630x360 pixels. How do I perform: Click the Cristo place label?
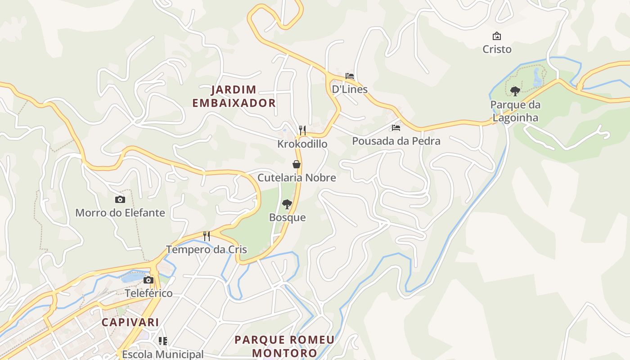click(x=497, y=49)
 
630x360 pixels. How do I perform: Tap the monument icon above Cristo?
click(x=497, y=36)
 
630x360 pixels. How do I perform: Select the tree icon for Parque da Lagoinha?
click(x=515, y=91)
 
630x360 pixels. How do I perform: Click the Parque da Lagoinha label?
click(x=515, y=111)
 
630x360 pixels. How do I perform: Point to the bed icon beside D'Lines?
click(x=350, y=76)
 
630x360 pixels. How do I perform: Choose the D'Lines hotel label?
click(x=350, y=89)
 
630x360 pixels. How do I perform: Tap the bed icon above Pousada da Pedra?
click(x=396, y=128)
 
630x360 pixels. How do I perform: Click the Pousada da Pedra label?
click(x=396, y=141)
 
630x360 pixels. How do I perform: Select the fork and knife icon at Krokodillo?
click(x=302, y=130)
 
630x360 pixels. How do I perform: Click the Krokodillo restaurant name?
click(x=302, y=144)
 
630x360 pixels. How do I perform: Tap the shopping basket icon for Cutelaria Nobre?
click(x=297, y=164)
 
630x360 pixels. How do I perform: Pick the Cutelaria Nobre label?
click(x=297, y=178)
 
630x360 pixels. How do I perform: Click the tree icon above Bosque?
click(x=287, y=205)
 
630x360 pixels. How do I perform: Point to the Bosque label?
click(x=287, y=218)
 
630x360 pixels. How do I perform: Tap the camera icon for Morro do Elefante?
click(x=120, y=199)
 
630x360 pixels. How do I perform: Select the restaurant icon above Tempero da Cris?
click(x=207, y=236)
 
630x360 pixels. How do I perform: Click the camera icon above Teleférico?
click(x=148, y=280)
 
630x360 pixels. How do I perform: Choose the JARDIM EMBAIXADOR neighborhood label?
click(x=234, y=96)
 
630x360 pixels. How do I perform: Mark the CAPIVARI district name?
click(x=130, y=322)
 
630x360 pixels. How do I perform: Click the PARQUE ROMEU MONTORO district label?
click(x=284, y=346)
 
